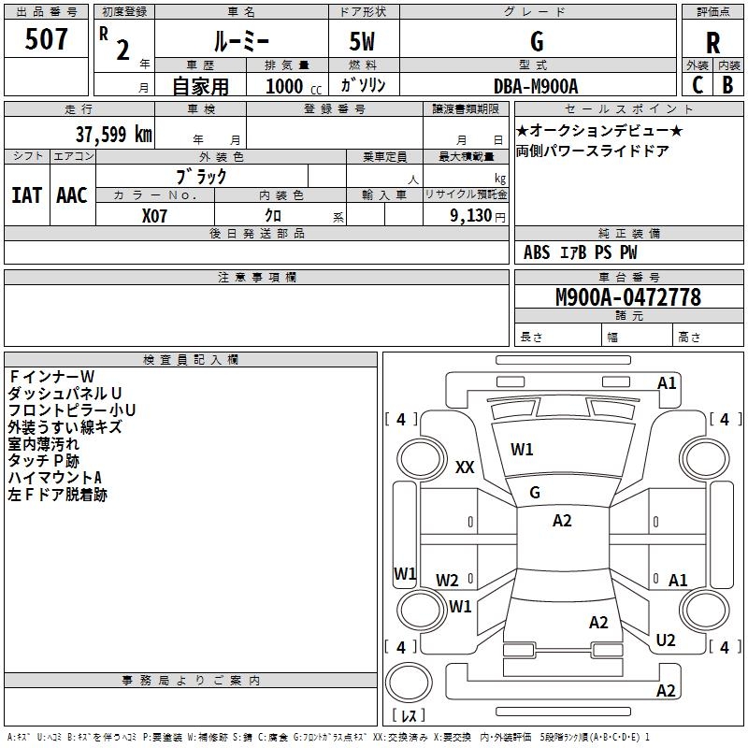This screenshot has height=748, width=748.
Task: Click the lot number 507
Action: click(46, 39)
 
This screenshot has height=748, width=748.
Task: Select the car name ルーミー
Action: click(241, 41)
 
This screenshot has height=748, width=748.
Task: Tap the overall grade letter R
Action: click(712, 43)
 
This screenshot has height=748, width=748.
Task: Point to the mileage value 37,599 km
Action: click(113, 135)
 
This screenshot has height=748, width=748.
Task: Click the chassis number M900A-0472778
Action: click(628, 297)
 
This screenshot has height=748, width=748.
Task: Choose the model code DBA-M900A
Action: click(536, 86)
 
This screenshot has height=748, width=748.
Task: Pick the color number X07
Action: click(154, 216)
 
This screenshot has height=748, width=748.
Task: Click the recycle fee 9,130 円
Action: click(478, 216)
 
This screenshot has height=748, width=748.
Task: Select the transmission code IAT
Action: click(27, 195)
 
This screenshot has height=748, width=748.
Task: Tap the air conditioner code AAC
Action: click(72, 195)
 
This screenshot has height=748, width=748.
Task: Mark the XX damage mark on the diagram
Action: click(465, 467)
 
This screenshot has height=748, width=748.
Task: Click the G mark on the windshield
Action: click(535, 493)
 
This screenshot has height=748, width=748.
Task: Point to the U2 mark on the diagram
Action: click(666, 640)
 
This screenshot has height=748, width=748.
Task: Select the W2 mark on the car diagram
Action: click(447, 580)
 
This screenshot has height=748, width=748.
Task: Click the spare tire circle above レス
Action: click(409, 682)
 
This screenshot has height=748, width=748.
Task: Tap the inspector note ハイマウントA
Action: click(55, 478)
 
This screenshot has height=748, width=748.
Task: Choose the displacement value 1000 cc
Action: click(294, 86)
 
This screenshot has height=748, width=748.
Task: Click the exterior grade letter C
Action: click(698, 85)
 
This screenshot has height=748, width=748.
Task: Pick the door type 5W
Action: click(362, 41)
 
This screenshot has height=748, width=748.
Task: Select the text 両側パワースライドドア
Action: click(592, 151)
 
